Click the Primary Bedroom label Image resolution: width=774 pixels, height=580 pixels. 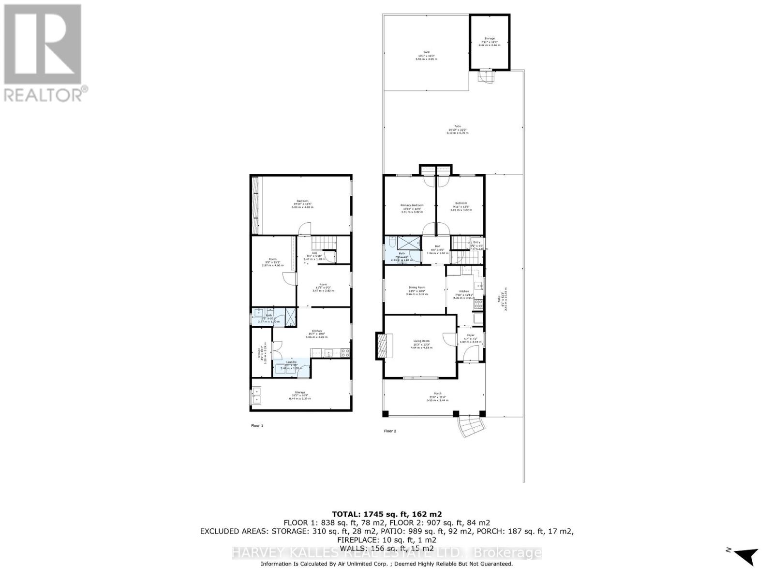click(412, 205)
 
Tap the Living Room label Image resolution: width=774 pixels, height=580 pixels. click(420, 341)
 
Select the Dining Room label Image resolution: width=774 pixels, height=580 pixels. click(416, 288)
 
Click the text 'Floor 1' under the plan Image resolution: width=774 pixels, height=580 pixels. click(257, 426)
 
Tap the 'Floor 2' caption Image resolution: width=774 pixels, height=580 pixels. click(390, 431)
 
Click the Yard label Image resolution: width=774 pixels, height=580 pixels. click(426, 52)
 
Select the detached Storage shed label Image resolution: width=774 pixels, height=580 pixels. click(490, 38)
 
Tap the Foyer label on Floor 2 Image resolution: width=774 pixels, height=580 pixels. click(470, 335)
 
